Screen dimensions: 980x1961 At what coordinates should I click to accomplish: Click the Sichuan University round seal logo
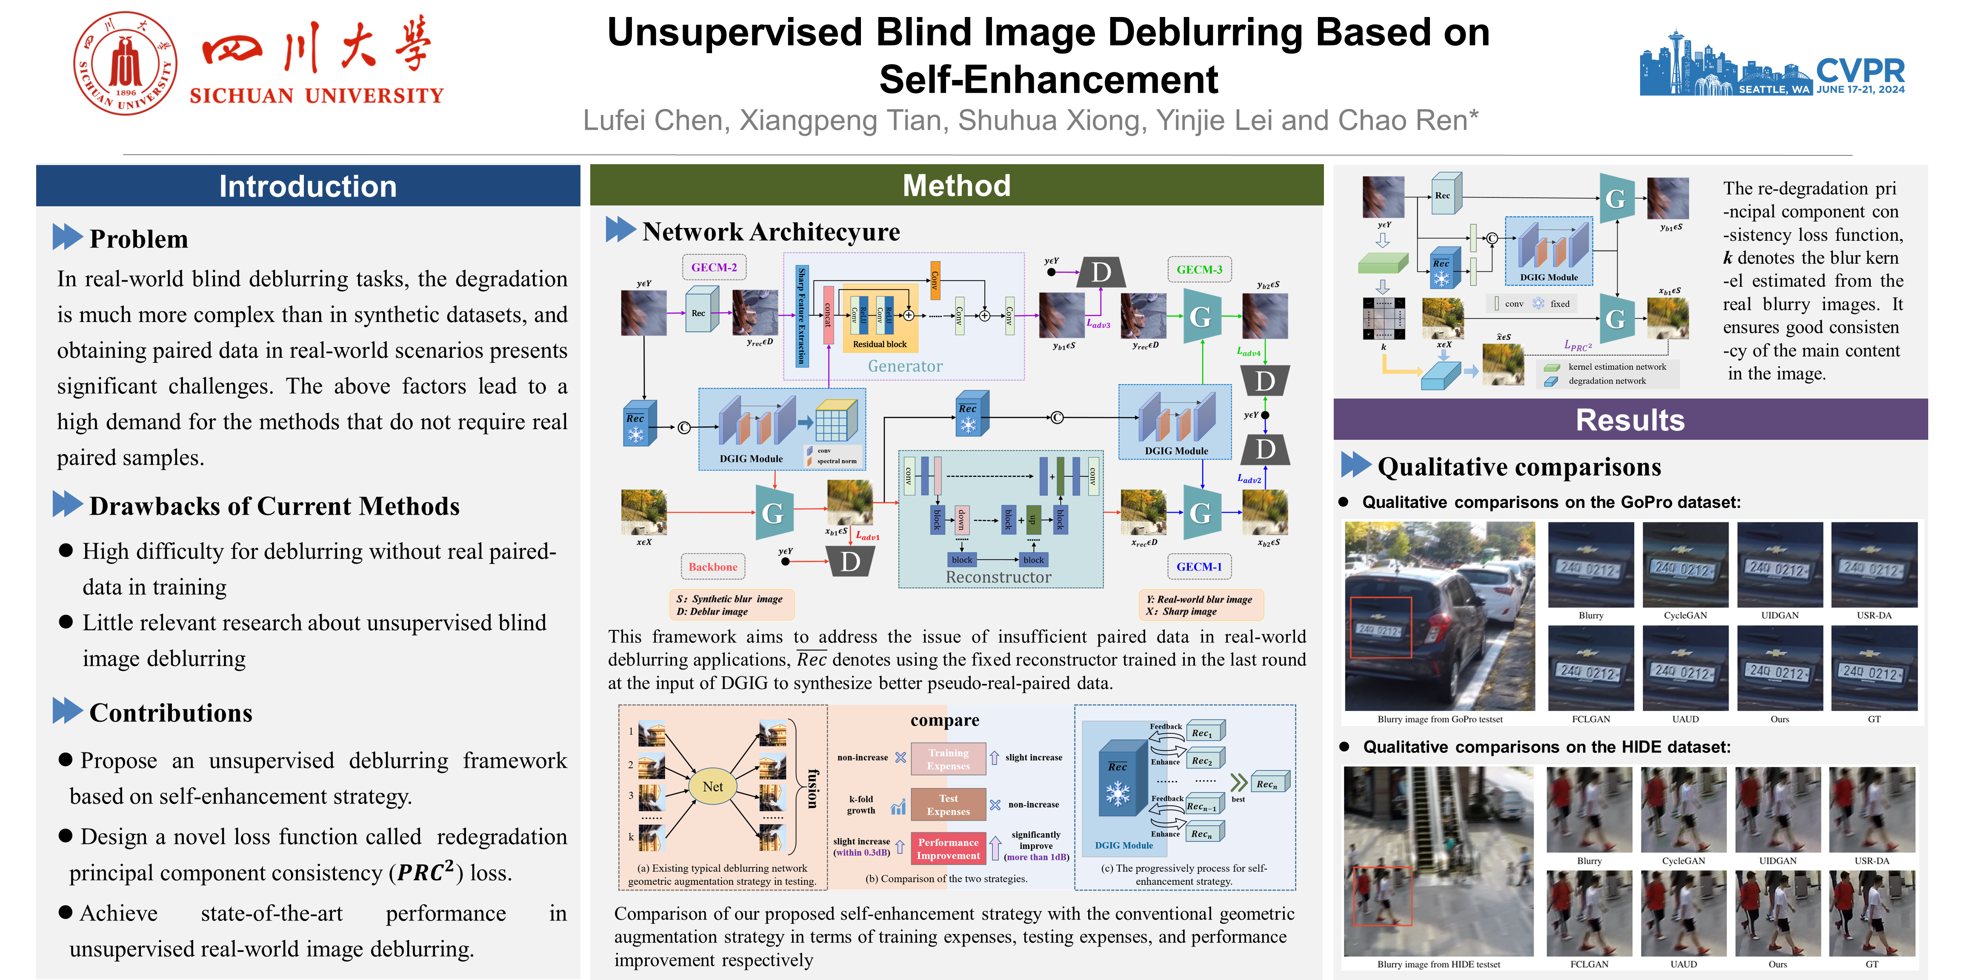tap(126, 63)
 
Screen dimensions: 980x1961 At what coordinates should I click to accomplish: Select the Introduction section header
tap(308, 186)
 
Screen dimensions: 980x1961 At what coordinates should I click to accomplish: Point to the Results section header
tap(1630, 420)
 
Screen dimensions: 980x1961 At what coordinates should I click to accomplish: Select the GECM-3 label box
tap(1199, 269)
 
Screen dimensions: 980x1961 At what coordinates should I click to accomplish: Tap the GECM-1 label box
tap(1199, 567)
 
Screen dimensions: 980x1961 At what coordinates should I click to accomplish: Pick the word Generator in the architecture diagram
tap(905, 366)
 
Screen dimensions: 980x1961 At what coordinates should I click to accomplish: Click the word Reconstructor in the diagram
tap(998, 578)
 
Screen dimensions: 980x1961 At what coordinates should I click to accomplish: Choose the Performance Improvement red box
tap(949, 849)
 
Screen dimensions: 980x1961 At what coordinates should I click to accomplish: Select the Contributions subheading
tap(171, 713)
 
